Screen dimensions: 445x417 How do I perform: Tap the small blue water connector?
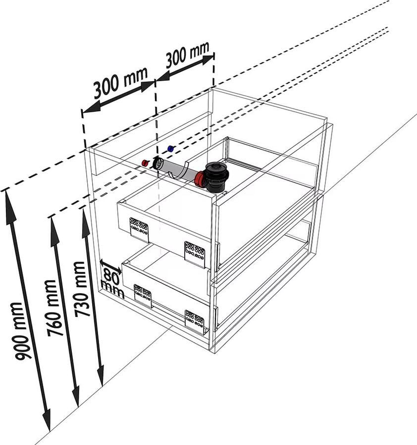tap(171, 148)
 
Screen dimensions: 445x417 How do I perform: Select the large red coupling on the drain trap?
tap(200, 179)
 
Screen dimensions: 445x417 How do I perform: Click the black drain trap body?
tap(216, 176)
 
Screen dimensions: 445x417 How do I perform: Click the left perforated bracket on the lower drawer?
tap(143, 296)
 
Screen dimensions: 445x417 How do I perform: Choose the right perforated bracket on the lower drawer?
tap(194, 320)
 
